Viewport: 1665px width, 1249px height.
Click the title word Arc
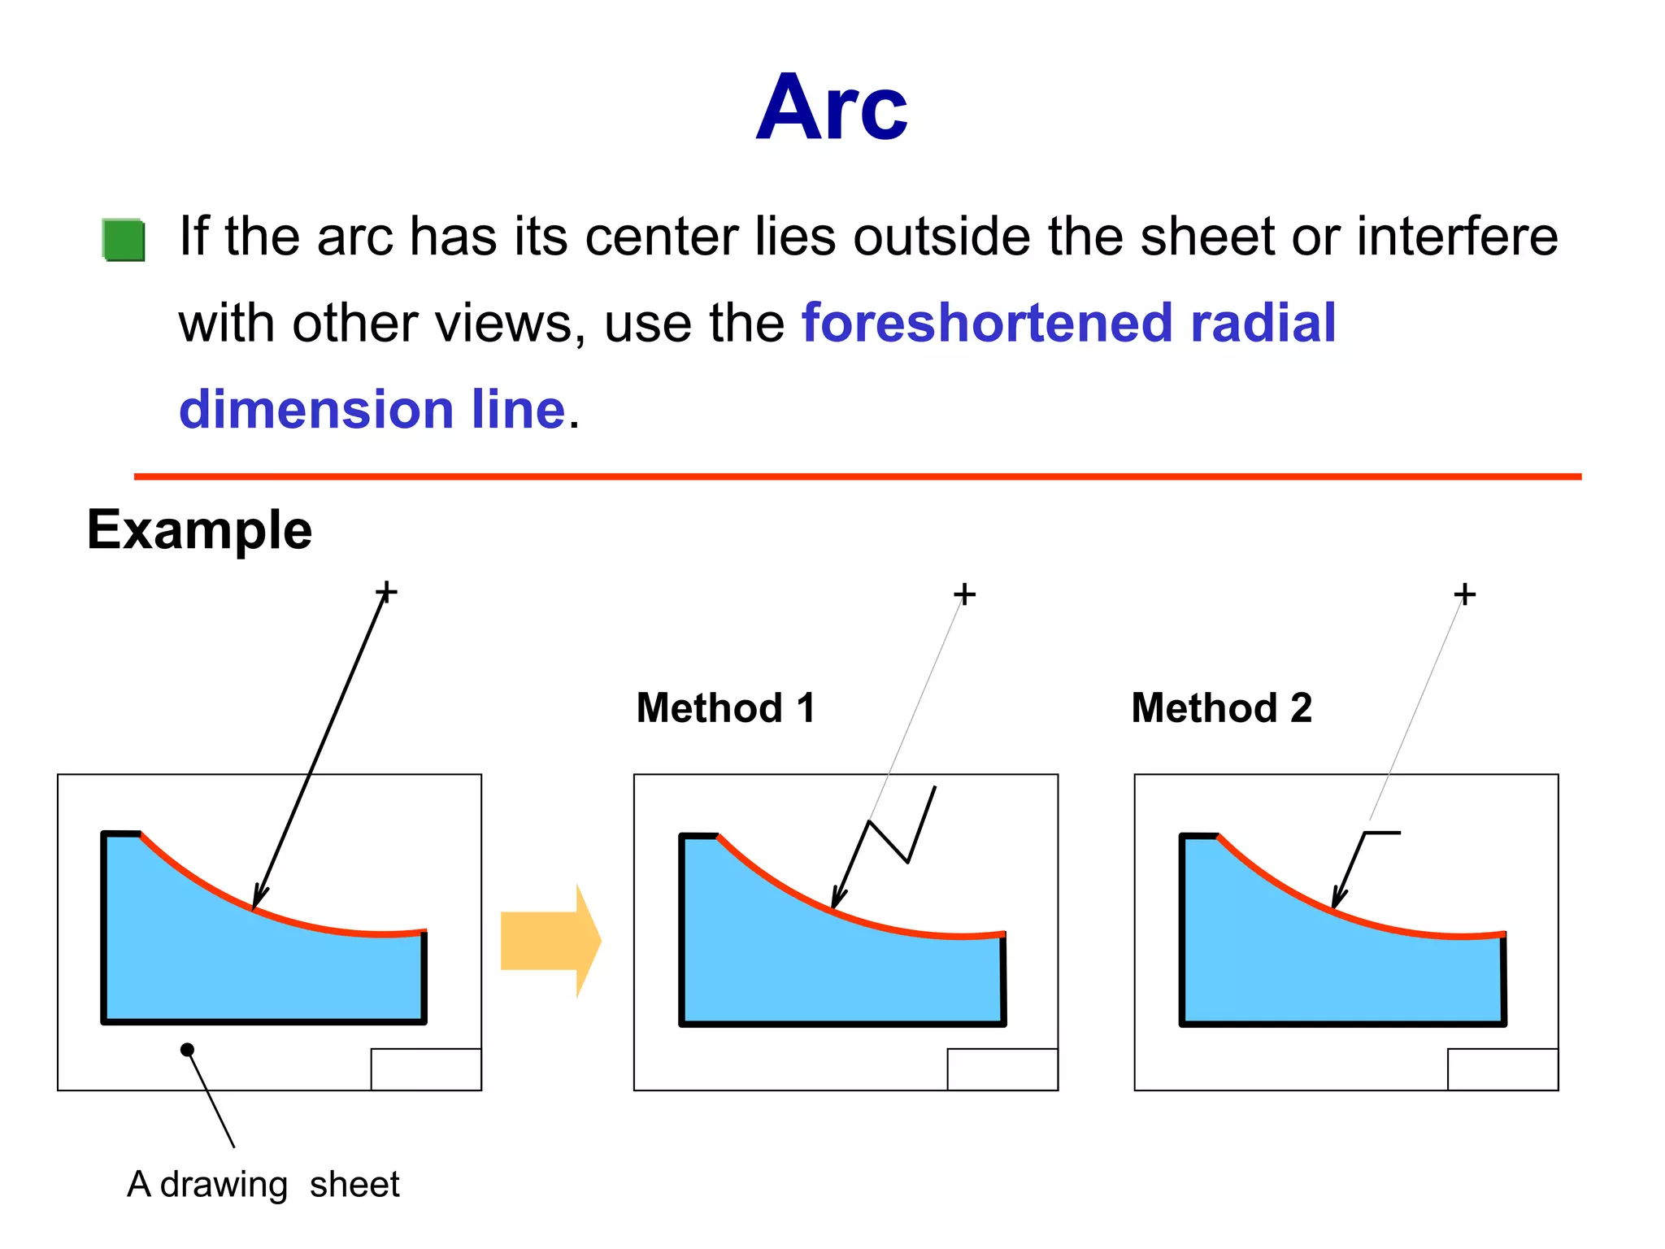pos(831,108)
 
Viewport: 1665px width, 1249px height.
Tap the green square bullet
pos(124,240)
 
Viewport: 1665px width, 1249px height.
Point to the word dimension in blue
pos(316,409)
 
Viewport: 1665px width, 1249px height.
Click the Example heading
pos(199,530)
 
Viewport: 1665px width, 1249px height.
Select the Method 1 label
pos(725,707)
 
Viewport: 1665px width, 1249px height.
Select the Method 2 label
pos(1221,707)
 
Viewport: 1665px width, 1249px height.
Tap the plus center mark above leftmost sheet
pos(386,591)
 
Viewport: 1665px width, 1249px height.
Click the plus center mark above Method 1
pos(964,594)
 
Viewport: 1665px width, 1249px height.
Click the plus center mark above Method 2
pos(1464,594)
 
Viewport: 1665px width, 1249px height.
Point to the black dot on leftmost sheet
pos(187,1050)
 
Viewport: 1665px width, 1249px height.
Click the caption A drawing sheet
pos(263,1184)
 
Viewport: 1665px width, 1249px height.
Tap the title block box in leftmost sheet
pos(426,1069)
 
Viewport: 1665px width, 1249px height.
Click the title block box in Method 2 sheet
pos(1502,1069)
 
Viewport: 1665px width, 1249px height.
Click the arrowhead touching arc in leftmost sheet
pos(259,898)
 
